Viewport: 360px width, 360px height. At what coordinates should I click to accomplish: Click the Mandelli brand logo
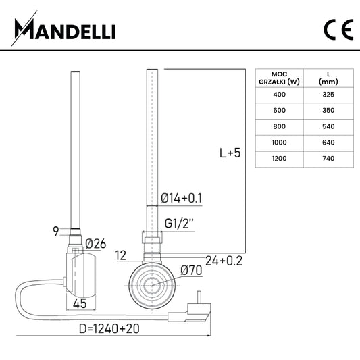[63, 28]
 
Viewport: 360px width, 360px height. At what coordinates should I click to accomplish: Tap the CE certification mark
[338, 30]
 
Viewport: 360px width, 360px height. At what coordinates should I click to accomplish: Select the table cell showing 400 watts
[279, 95]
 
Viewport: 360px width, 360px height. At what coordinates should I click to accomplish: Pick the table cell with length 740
[328, 159]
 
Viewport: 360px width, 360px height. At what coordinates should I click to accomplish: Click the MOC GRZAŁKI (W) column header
[279, 78]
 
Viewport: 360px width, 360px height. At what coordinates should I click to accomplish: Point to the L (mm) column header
[328, 78]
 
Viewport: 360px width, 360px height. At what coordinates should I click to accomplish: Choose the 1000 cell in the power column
[279, 143]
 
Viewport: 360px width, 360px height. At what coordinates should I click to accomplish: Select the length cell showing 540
[328, 126]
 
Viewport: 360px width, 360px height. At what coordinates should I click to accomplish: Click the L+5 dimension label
[230, 153]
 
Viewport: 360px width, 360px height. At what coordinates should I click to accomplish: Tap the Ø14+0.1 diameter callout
[182, 198]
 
